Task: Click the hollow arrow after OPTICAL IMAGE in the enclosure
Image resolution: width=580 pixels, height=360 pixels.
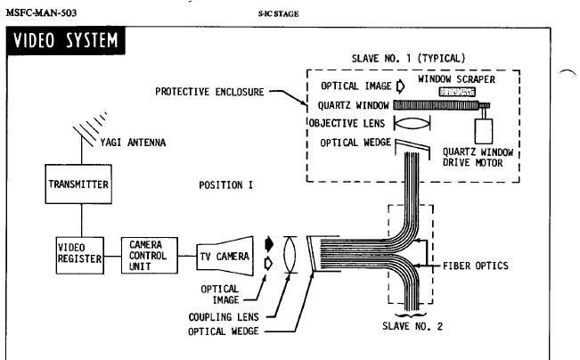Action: pos(399,86)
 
